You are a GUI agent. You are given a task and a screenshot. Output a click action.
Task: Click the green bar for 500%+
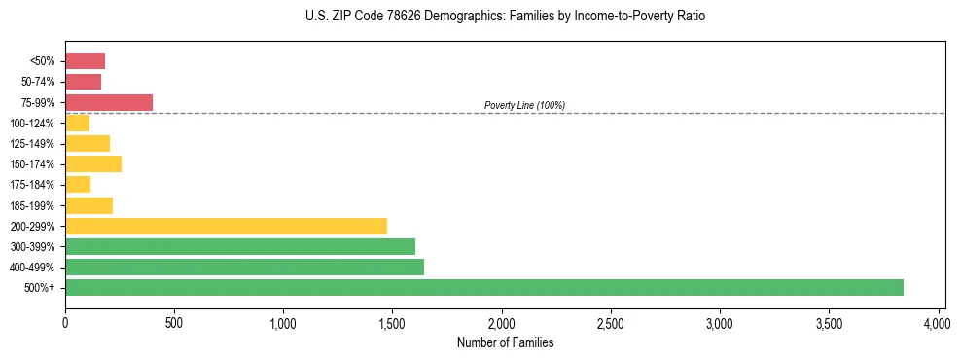click(483, 287)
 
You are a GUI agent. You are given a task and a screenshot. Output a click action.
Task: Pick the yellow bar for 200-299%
click(226, 226)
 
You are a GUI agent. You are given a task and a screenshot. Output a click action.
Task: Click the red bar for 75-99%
click(109, 102)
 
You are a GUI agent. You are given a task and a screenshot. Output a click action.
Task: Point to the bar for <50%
click(85, 61)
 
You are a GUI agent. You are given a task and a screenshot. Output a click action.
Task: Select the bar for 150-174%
click(93, 163)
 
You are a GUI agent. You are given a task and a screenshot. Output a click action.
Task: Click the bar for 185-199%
click(89, 205)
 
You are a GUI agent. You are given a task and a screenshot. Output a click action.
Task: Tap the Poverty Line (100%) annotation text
click(524, 105)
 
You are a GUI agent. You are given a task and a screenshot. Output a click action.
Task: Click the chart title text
click(504, 17)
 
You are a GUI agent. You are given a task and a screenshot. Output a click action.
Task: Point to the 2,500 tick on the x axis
click(611, 322)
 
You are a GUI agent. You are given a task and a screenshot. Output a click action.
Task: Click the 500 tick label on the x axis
click(174, 322)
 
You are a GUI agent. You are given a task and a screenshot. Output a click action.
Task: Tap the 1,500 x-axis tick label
click(393, 322)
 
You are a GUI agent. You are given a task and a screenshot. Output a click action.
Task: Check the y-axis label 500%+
click(41, 288)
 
